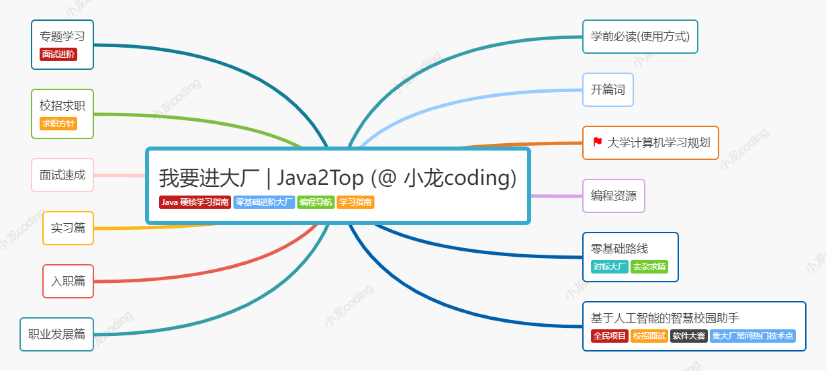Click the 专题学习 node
click(62, 36)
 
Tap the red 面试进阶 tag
click(58, 54)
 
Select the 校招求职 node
click(62, 106)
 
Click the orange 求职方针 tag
click(58, 124)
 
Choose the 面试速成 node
click(62, 175)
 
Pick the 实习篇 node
click(68, 228)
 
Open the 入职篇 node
click(68, 281)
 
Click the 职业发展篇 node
click(56, 334)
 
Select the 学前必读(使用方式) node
click(640, 36)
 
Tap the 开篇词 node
click(608, 89)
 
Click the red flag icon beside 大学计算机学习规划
click(597, 142)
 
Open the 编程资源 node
click(613, 196)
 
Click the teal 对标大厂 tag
click(610, 267)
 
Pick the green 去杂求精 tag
click(649, 267)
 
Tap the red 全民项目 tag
click(609, 336)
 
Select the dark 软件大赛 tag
click(689, 336)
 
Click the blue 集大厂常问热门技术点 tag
click(753, 336)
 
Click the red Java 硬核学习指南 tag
click(195, 202)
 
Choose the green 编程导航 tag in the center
click(316, 202)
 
